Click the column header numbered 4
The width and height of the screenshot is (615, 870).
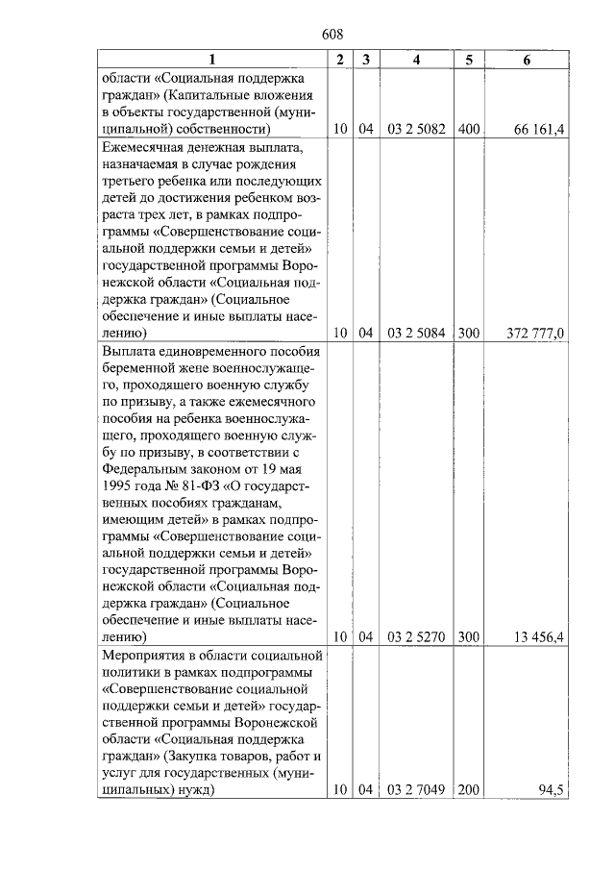pyautogui.click(x=416, y=61)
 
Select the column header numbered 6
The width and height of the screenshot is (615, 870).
pyautogui.click(x=527, y=61)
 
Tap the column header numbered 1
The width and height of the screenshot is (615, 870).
pyautogui.click(x=212, y=61)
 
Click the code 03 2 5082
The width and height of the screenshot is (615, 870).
pyautogui.click(x=416, y=129)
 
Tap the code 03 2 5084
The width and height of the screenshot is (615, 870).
pyautogui.click(x=416, y=334)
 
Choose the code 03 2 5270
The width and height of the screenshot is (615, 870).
pyautogui.click(x=416, y=637)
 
